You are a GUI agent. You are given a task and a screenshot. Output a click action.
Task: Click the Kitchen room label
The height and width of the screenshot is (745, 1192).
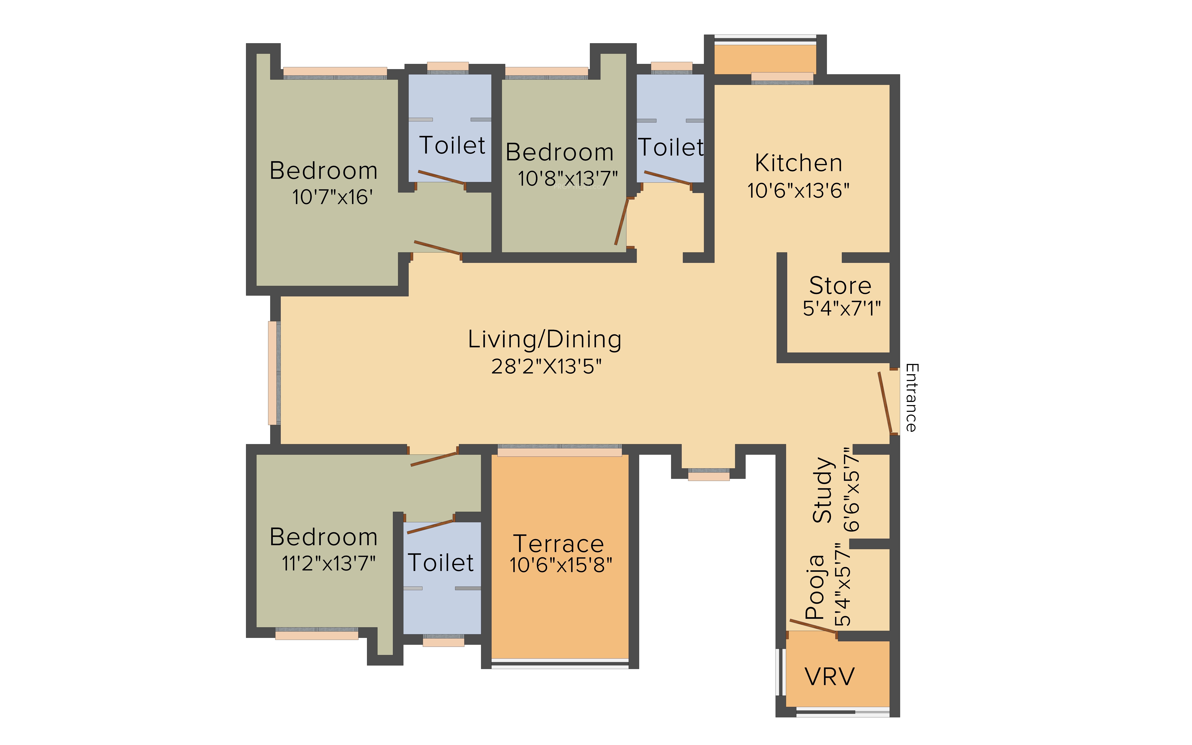pos(798,163)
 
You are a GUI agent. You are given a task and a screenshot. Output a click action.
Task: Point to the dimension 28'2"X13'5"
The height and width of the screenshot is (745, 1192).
pos(546,367)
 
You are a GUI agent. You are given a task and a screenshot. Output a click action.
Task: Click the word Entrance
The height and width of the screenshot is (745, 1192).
pos(911,398)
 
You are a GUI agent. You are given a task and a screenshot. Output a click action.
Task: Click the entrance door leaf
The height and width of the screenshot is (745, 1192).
pos(885,403)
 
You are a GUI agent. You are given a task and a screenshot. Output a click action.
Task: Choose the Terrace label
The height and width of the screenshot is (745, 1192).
pos(559,544)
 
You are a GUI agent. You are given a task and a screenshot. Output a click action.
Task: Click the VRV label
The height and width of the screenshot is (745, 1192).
pos(829,677)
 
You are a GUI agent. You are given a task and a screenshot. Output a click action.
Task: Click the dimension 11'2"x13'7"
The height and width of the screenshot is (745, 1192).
pos(329,563)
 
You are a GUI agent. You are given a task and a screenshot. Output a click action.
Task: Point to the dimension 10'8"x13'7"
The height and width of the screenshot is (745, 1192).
pos(567,178)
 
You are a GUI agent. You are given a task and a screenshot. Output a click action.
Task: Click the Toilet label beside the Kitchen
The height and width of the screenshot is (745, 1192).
pos(671,147)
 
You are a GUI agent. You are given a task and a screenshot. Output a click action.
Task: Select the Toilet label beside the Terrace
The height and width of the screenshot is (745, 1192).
pos(441,563)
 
